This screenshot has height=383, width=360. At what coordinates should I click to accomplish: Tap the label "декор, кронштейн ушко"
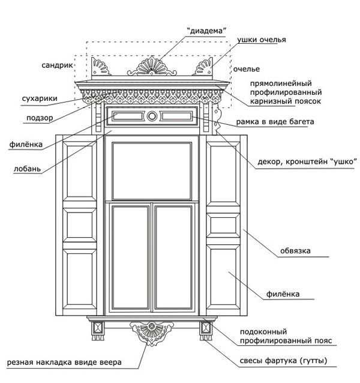click(x=307, y=161)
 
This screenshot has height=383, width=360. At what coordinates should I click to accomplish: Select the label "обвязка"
click(x=295, y=250)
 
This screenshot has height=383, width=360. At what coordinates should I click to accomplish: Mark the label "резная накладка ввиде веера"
click(x=64, y=362)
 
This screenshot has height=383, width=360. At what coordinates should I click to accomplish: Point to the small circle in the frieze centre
click(x=152, y=116)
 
